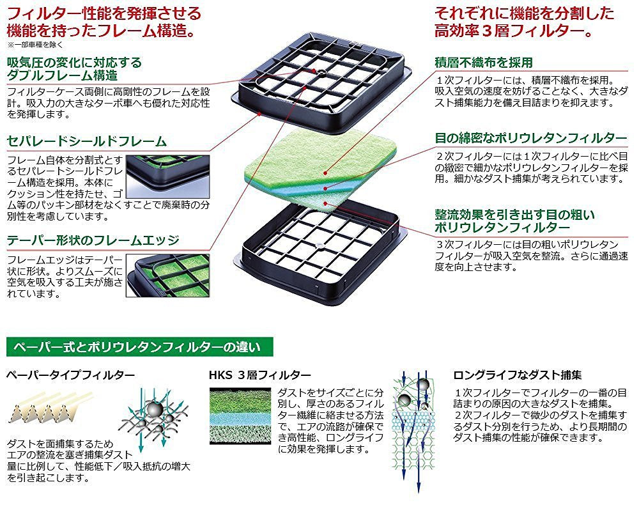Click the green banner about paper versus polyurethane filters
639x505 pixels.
140,347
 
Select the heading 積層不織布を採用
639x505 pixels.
484,63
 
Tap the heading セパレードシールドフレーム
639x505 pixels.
87,141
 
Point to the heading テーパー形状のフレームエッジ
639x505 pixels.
93,240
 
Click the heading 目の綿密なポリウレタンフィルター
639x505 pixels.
530,138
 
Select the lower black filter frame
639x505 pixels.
320,252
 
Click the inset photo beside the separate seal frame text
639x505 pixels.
168,176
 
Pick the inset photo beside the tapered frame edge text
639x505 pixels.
168,276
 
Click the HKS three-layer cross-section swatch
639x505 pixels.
240,416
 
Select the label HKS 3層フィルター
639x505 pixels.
260,375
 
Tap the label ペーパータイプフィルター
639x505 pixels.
70,375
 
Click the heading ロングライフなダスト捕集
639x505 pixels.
518,375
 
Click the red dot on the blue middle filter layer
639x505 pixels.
325,188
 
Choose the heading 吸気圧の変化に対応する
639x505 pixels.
75,63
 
